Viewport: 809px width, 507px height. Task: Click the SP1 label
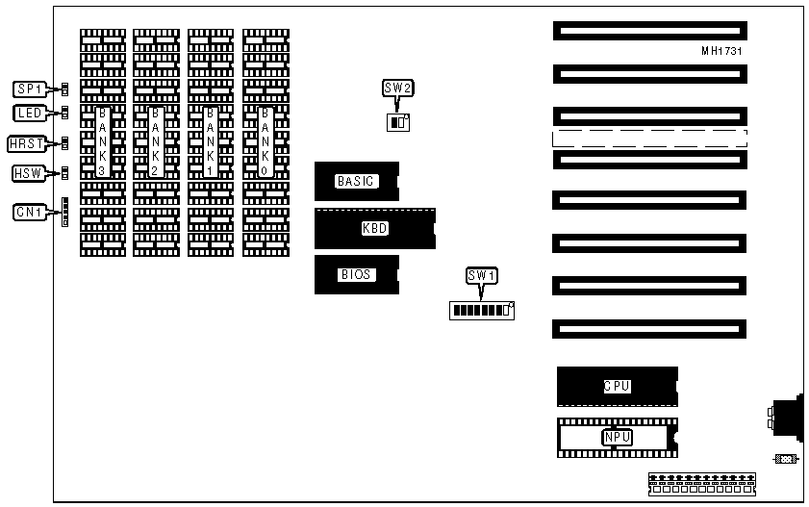point(29,89)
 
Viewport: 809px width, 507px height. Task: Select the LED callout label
point(29,114)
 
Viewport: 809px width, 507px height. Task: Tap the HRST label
point(25,144)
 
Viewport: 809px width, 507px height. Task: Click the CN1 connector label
point(28,212)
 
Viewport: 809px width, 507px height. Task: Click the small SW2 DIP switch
point(397,122)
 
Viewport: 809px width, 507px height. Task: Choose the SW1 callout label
point(481,276)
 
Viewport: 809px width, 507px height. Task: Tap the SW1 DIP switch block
point(482,310)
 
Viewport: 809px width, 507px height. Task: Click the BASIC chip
point(356,181)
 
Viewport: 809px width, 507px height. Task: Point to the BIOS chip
point(356,274)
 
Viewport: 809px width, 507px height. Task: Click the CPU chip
point(617,386)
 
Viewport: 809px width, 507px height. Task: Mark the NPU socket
point(617,438)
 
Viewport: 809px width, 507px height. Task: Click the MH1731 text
point(721,51)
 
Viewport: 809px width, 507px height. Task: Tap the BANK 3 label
point(102,140)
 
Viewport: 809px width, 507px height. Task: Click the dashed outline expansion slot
point(649,138)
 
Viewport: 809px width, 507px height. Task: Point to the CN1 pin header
point(64,212)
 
